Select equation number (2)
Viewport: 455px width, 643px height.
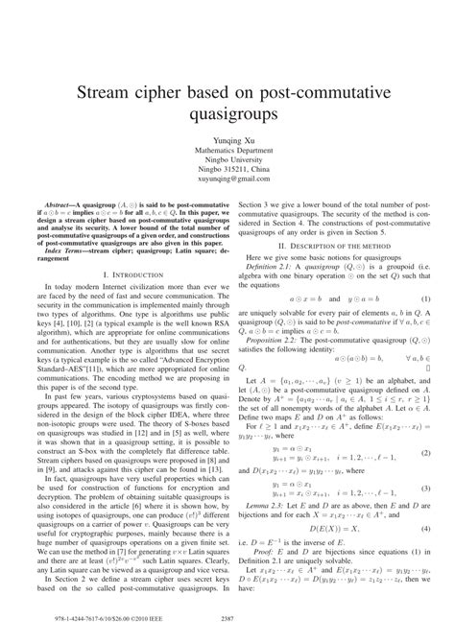click(x=425, y=356)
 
